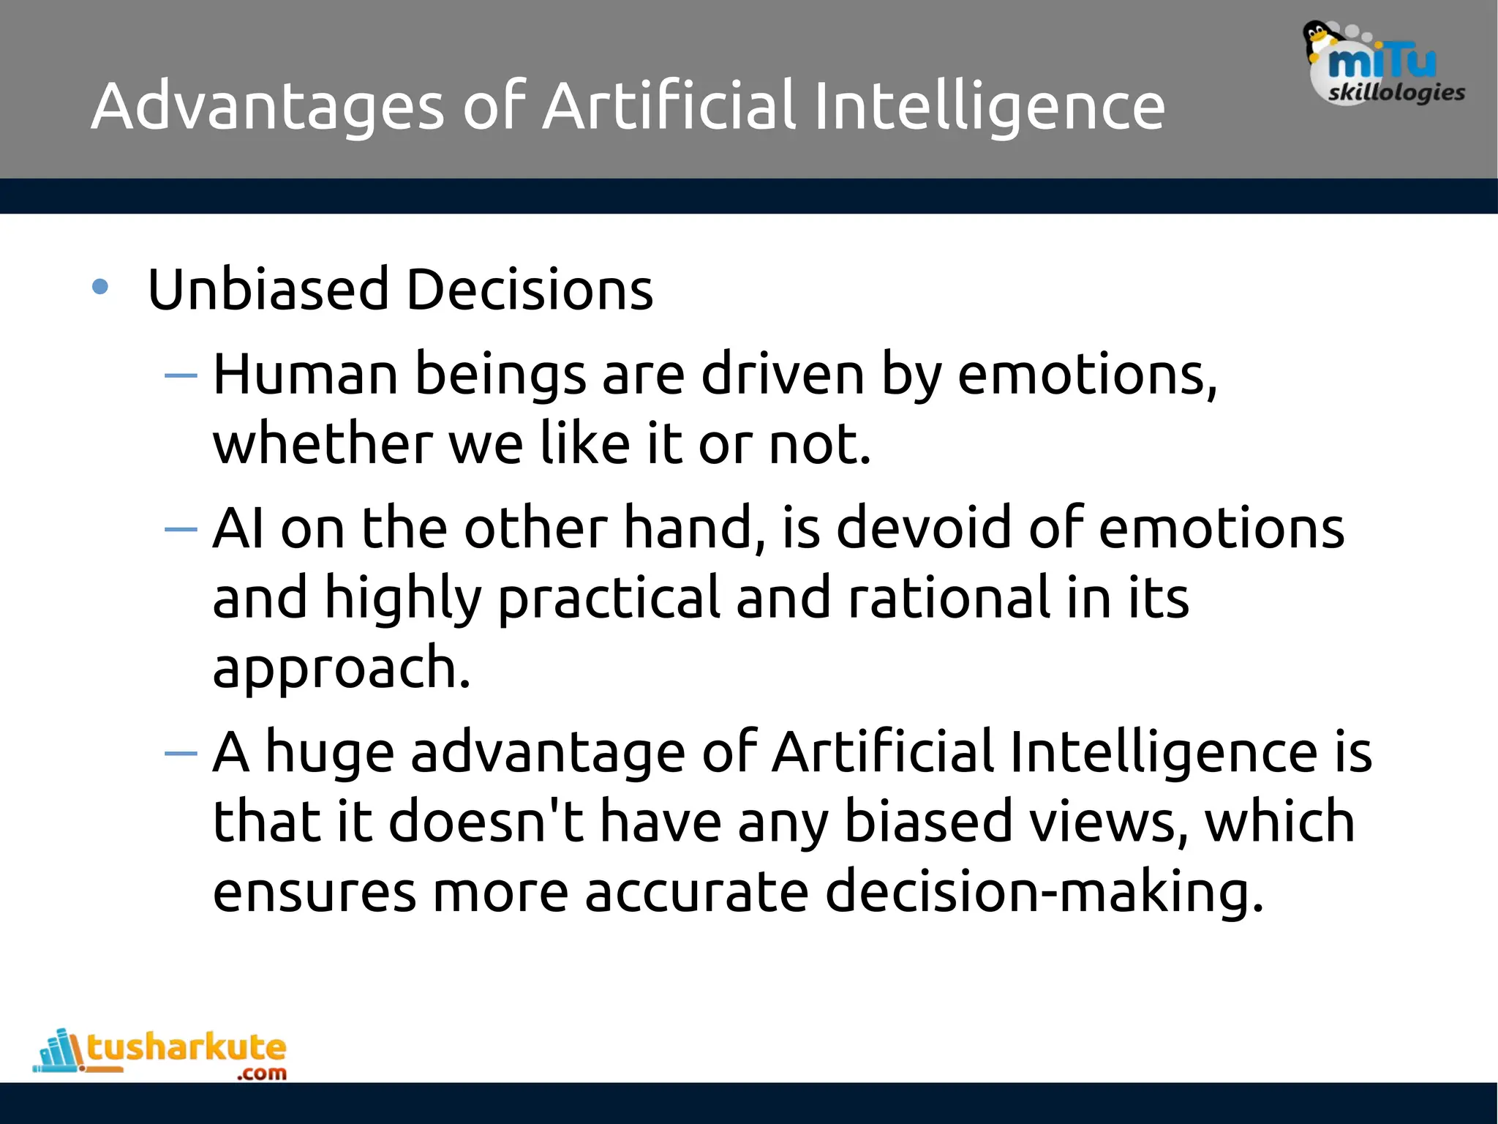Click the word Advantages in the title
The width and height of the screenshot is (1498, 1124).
[x=267, y=108]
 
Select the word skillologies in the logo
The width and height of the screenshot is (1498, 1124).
[x=1396, y=93]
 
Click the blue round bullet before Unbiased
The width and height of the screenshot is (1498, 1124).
[x=100, y=287]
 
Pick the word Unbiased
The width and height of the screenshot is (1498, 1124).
[x=268, y=290]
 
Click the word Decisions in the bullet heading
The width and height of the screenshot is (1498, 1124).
[x=529, y=290]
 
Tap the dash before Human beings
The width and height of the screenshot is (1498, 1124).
[x=181, y=375]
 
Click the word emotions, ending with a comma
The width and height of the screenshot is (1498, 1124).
[x=1087, y=375]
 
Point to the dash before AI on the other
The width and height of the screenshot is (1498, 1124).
[x=181, y=528]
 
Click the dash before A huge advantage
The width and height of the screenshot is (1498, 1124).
[x=181, y=753]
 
